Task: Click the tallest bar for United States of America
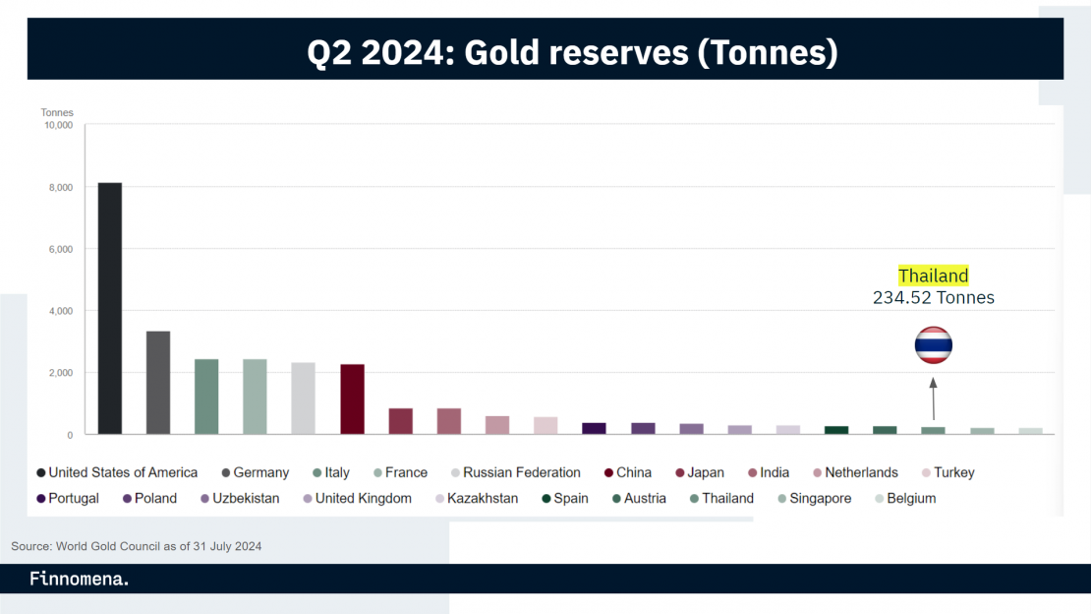pos(110,308)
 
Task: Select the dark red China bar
pos(352,399)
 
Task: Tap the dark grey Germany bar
pos(158,383)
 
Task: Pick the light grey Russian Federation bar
pos(304,398)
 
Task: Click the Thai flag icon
pos(933,345)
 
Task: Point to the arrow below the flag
pos(933,399)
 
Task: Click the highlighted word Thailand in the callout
pos(933,276)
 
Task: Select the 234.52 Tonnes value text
pos(933,297)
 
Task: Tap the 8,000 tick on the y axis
pos(61,188)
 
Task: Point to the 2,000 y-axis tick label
pos(61,373)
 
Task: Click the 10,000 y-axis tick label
pos(58,125)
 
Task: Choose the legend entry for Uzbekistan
pos(240,498)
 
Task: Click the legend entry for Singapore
pos(814,498)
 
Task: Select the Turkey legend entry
pos(947,472)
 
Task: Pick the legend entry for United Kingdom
pos(357,498)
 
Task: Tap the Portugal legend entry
pos(68,498)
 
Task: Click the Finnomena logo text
pos(79,579)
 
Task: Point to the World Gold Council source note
pos(137,546)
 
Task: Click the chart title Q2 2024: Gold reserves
pos(573,52)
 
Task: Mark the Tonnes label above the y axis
pos(57,112)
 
